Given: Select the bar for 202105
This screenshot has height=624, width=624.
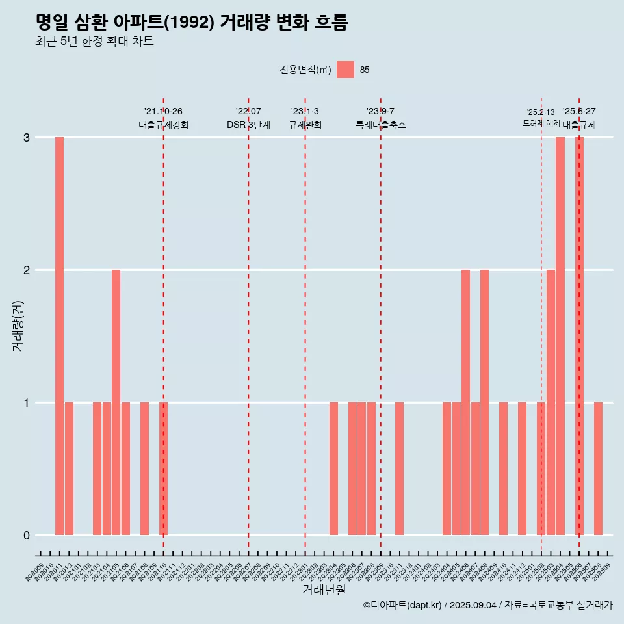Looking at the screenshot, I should pos(116,402).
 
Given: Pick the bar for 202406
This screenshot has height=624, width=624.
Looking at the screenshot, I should pos(465,402).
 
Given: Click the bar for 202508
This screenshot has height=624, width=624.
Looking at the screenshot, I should pos(598,469).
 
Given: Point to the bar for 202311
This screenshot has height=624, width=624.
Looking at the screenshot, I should pos(399,469).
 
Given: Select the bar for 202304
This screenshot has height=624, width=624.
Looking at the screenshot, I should pos(333,469).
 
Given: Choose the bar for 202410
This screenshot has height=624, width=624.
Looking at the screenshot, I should pos(503,469).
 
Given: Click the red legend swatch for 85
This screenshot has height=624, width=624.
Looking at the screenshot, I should pos(345,70).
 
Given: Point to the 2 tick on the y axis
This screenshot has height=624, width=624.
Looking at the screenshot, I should pos(27,270).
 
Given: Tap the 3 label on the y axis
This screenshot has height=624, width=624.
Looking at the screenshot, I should pos(27,138).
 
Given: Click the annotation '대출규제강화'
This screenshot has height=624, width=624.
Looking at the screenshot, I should pos(164,125).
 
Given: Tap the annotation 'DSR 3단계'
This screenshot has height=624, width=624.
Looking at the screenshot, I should pos(248,125).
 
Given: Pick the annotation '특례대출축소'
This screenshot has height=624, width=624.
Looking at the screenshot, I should pos(381,125).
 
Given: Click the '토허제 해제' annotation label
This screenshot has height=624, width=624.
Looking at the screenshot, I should pos(541,123).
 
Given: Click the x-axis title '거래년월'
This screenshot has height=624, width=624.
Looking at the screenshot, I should pos(324,590).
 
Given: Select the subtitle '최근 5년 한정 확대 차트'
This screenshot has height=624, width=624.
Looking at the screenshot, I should pos(94,42).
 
